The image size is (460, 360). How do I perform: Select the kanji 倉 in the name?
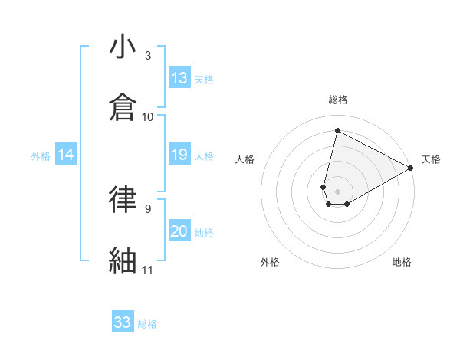(123, 107)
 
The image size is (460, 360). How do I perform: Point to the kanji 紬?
(123, 260)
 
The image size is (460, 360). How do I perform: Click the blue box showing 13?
(179, 78)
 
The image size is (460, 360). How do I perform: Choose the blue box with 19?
(179, 155)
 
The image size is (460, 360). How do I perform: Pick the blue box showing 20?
(179, 232)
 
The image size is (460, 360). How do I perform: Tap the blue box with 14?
(66, 155)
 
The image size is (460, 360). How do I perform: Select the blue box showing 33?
(123, 322)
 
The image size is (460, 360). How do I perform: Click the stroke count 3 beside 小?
(148, 56)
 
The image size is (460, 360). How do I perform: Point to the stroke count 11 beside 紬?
(148, 270)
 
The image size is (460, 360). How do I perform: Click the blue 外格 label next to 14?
(41, 156)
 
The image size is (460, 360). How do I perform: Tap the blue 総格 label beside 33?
(147, 324)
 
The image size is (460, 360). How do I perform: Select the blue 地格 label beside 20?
(204, 233)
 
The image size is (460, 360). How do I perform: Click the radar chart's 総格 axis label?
(338, 100)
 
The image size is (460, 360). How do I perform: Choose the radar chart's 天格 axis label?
(431, 159)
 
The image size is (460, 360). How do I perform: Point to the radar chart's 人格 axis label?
(245, 159)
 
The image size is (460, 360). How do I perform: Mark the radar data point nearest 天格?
(411, 168)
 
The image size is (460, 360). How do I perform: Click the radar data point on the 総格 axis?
(337, 130)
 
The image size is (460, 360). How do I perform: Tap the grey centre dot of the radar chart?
(338, 191)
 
